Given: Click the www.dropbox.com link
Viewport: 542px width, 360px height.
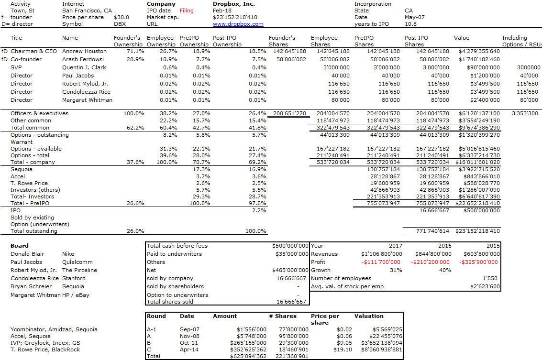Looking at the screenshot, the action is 238,24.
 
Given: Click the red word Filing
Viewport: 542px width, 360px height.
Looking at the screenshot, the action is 187,11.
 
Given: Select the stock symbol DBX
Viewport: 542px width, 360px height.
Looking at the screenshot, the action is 120,24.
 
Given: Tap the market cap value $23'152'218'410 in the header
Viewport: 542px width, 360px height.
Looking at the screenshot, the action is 235,17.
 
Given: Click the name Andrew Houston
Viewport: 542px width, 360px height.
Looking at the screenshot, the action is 84,51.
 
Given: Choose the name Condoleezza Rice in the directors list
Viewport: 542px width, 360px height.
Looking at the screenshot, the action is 87,92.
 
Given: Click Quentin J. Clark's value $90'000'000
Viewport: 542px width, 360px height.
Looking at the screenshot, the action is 483,68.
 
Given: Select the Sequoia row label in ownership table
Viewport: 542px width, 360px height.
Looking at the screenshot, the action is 22,169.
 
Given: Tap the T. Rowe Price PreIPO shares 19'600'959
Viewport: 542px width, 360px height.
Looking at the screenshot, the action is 385,183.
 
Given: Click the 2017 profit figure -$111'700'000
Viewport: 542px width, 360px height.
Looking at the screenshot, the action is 381,262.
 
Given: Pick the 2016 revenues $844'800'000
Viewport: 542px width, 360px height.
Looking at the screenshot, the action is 433,254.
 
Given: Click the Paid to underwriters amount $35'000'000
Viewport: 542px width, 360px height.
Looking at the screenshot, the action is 292,254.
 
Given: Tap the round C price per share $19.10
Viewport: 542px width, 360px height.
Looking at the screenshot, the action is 343,349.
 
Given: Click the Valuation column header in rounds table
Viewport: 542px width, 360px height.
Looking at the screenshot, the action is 369,316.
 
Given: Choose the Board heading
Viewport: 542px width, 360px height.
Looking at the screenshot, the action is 19,246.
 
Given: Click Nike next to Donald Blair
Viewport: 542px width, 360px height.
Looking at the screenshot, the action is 68,254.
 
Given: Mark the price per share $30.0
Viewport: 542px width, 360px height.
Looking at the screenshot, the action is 122,17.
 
